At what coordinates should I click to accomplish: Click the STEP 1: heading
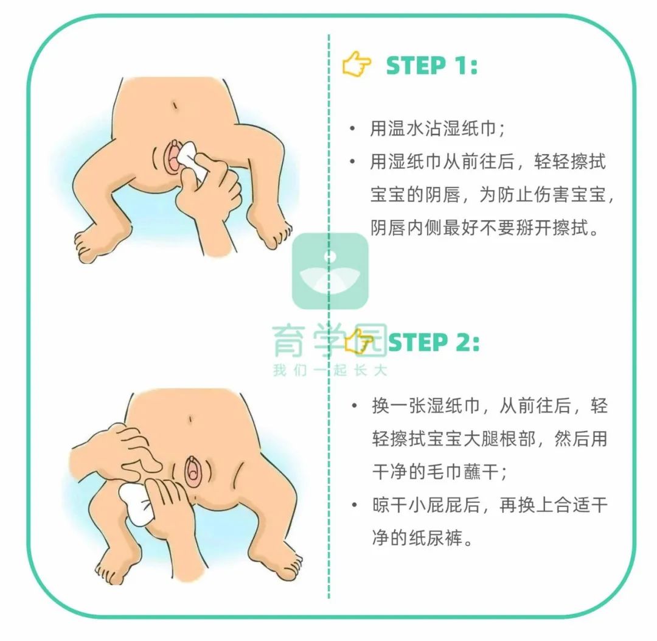tap(431, 66)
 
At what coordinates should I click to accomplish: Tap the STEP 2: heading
tap(433, 343)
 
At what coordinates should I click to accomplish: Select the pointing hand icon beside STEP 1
tap(357, 65)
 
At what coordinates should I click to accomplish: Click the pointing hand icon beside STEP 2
tap(359, 342)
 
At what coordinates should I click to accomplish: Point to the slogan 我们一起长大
tap(329, 370)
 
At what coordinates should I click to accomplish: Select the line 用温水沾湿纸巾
tap(437, 129)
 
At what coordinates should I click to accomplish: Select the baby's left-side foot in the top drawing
tap(91, 245)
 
